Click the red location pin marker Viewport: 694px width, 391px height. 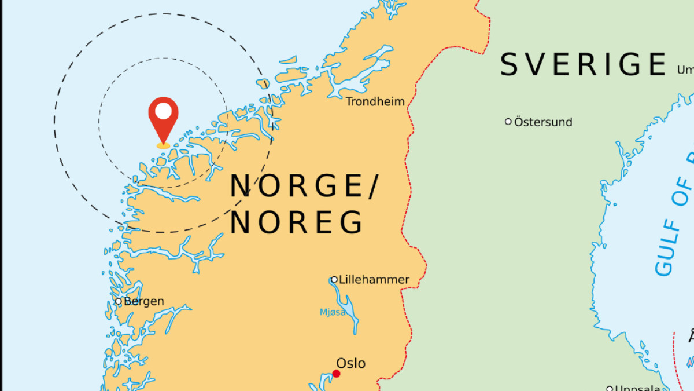coord(163,119)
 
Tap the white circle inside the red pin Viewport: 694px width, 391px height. coord(163,111)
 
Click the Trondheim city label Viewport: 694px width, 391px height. coord(375,102)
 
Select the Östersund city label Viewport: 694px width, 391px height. coord(543,122)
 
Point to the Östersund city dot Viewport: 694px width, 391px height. coord(508,122)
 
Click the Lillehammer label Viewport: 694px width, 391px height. coord(374,280)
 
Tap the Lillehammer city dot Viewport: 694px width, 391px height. coord(334,280)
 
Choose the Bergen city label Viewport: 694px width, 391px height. coord(144,301)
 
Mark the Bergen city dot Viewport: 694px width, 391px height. coord(119,301)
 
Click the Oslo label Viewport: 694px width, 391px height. coord(351,363)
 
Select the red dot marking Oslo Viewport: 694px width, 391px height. coord(336,374)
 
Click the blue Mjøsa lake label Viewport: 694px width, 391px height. coord(333,312)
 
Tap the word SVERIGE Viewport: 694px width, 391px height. coord(583,64)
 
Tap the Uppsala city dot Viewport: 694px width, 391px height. coord(610,388)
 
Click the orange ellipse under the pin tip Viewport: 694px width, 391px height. coord(163,145)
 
